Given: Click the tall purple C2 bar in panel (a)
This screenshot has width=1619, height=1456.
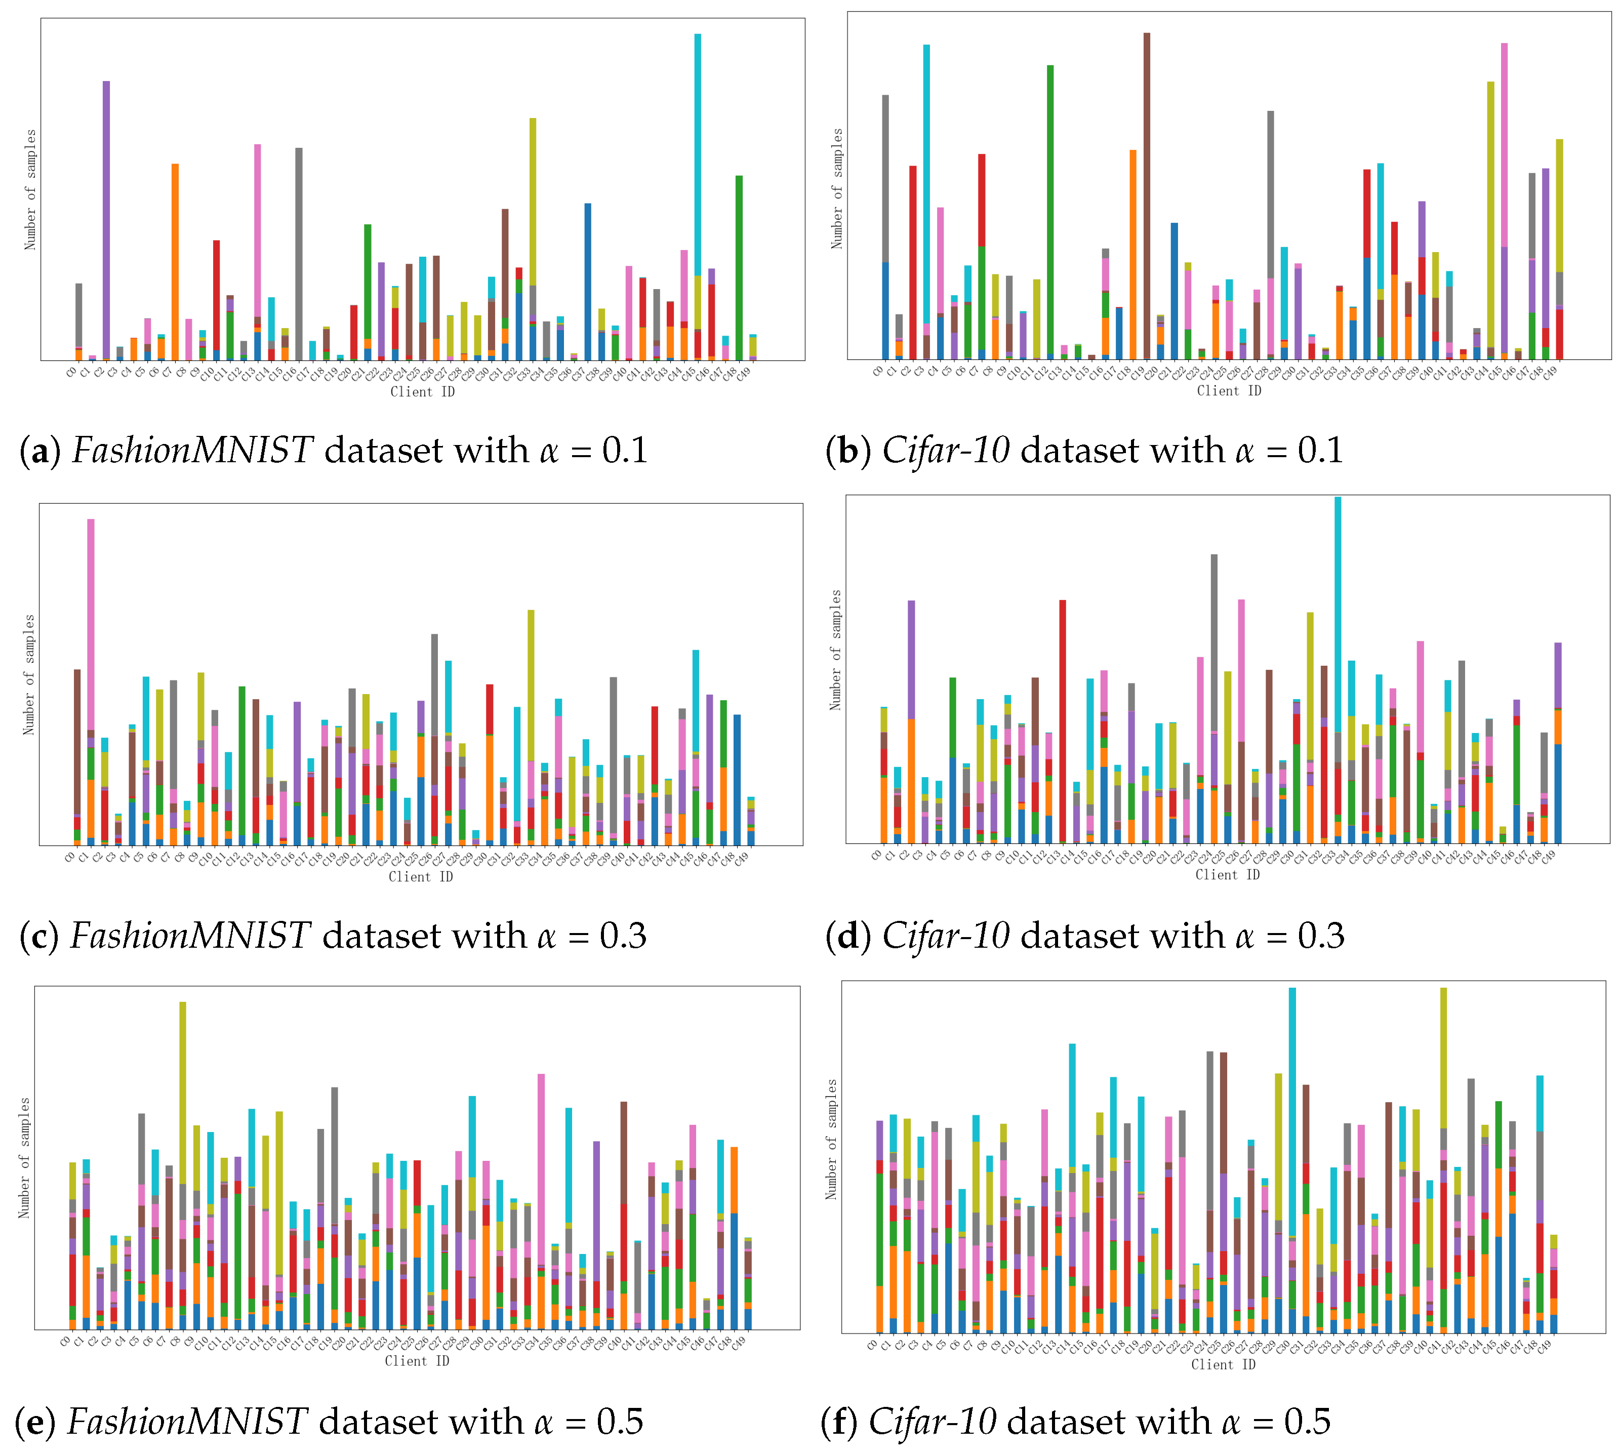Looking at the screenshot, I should click(106, 216).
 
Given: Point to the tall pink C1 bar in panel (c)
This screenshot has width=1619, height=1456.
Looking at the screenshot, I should click(91, 624).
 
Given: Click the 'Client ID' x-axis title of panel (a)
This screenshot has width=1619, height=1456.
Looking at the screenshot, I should click(422, 392).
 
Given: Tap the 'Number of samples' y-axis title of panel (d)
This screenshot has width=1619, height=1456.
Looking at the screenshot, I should click(836, 650).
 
